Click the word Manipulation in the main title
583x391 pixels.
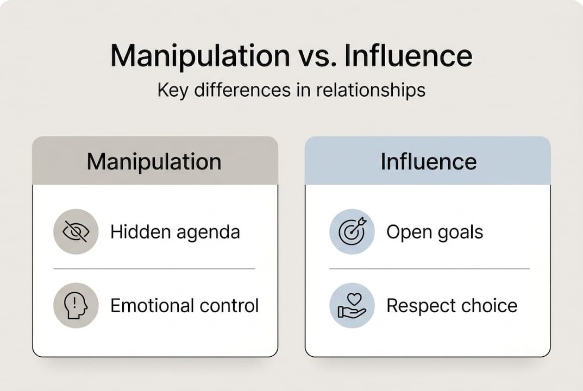(x=200, y=56)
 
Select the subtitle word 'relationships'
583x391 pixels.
(x=365, y=90)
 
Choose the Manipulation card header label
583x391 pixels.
(x=154, y=161)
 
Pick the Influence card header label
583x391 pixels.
(x=428, y=161)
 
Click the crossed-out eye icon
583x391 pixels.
(x=76, y=232)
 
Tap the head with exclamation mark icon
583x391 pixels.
(x=76, y=305)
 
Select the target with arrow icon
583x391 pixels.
(x=352, y=232)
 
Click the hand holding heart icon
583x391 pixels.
(x=352, y=305)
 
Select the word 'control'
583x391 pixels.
(x=229, y=305)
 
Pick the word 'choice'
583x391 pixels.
(x=490, y=305)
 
